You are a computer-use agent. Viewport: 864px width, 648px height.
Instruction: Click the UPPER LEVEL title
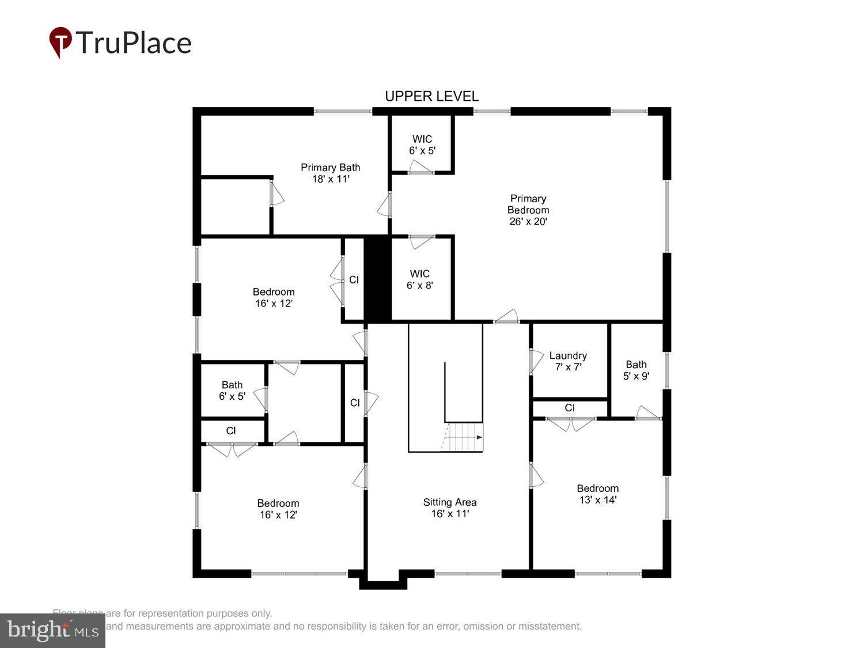(x=431, y=96)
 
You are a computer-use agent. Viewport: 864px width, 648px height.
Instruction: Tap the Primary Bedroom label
(x=528, y=210)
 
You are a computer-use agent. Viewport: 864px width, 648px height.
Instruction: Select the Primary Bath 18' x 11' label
(x=331, y=173)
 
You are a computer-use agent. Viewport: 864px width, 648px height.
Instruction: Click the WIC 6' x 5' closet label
(x=422, y=145)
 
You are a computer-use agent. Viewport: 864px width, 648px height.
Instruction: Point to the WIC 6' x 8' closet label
(x=420, y=279)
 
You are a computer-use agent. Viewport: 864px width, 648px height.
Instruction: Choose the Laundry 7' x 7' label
(x=568, y=361)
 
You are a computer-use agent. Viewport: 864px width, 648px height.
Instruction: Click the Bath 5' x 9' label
(x=636, y=370)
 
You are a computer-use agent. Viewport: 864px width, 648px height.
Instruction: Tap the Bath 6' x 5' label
(x=232, y=391)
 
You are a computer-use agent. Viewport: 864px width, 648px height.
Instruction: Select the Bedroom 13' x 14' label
(x=598, y=494)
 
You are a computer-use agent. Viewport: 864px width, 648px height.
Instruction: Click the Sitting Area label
(x=450, y=507)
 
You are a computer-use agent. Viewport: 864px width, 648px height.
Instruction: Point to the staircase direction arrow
(x=479, y=437)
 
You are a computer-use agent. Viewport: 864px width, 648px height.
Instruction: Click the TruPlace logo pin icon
(x=60, y=42)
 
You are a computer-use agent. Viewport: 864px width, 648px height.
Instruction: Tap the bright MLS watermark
(x=52, y=630)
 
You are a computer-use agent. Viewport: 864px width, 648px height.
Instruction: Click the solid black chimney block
(x=377, y=279)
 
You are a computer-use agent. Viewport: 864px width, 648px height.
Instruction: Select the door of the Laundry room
(x=535, y=361)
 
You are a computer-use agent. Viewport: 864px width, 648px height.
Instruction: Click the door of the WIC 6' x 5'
(x=420, y=168)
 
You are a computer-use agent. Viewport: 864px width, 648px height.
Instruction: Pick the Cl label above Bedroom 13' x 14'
(x=570, y=408)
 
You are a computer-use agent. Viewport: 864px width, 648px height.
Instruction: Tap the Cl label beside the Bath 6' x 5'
(x=231, y=431)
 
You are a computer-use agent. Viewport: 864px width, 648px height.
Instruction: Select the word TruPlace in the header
(x=134, y=43)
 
